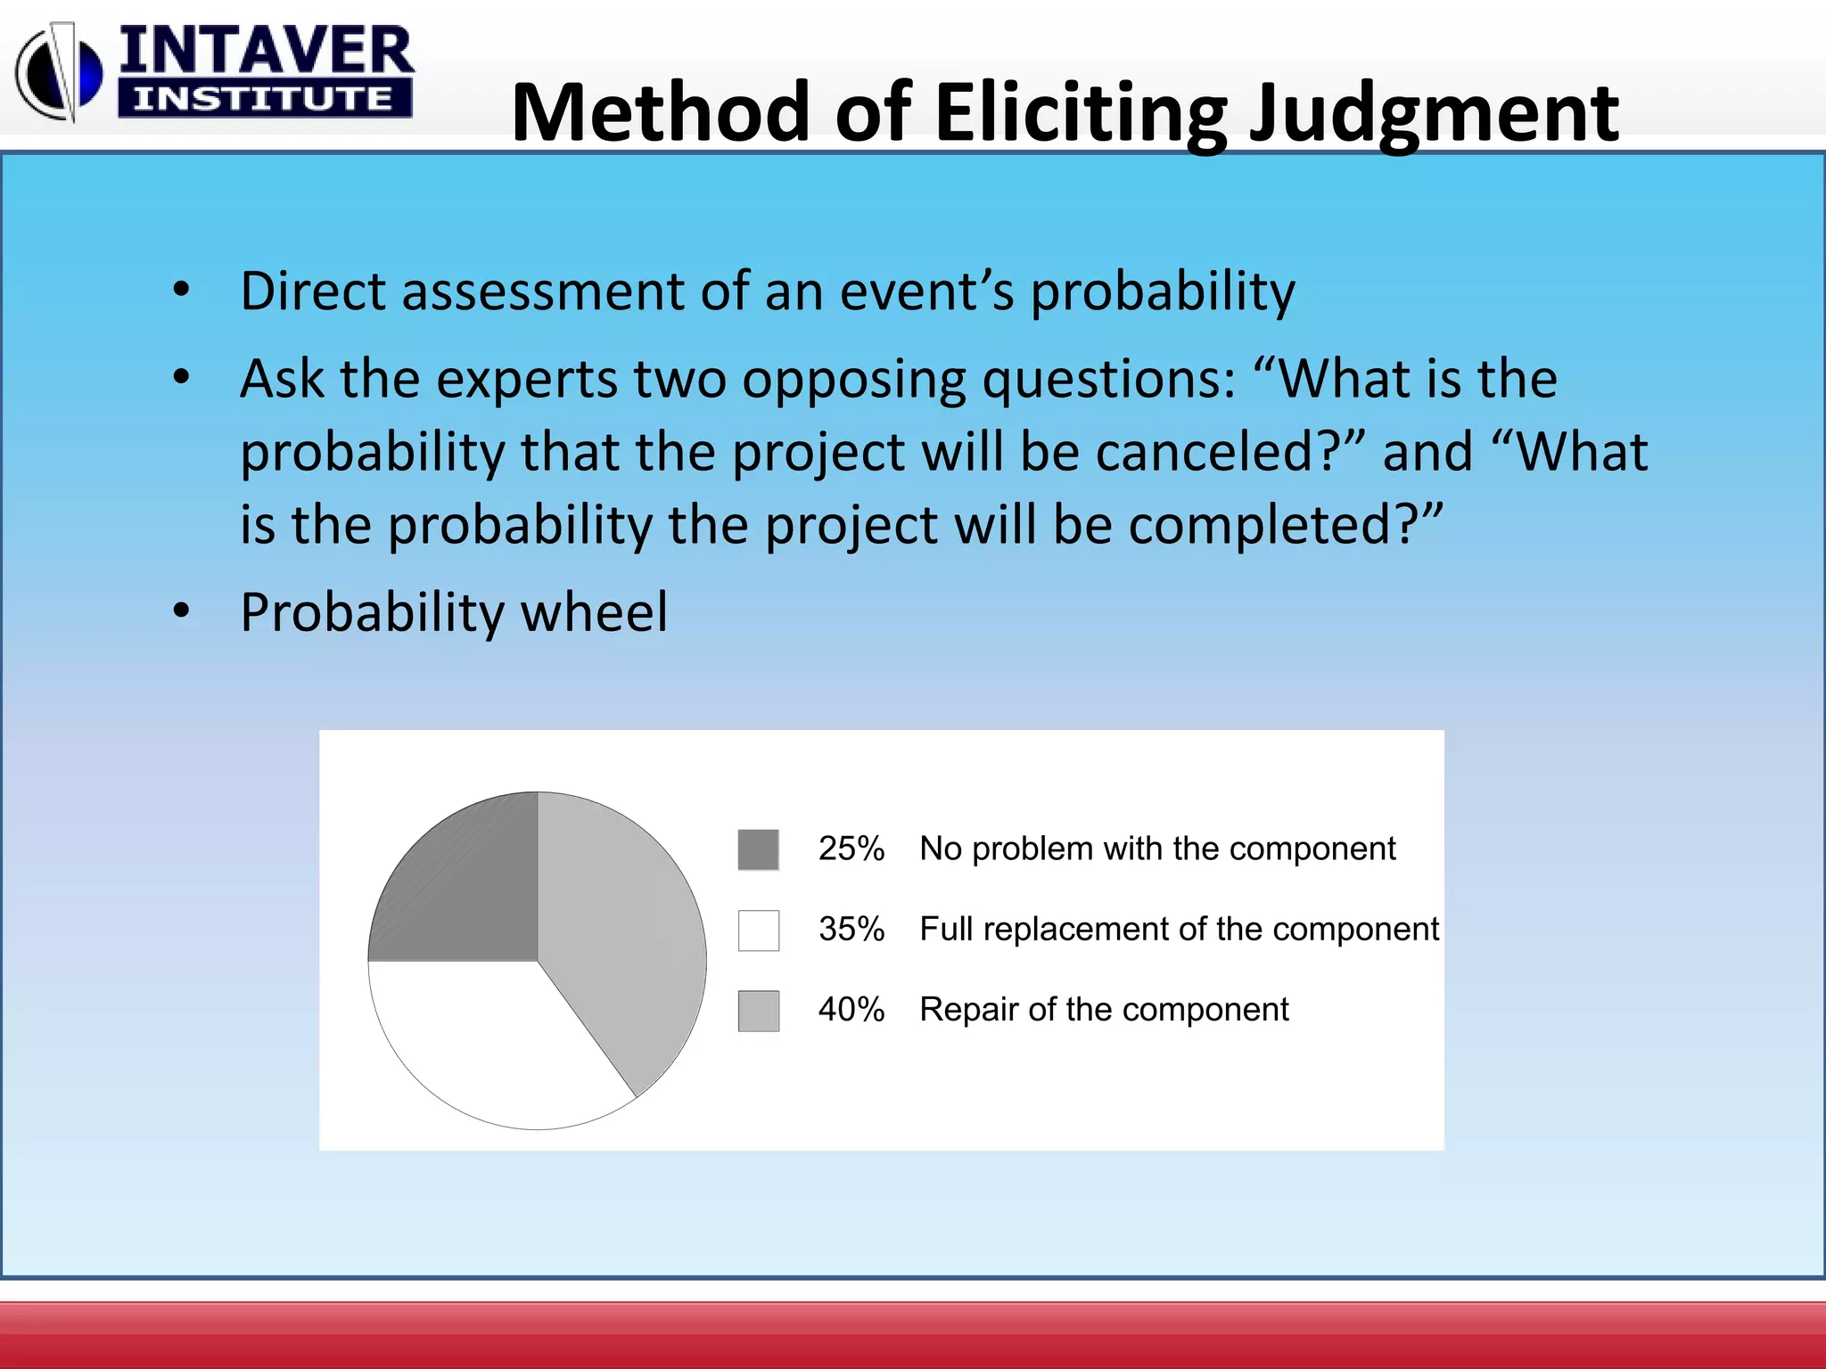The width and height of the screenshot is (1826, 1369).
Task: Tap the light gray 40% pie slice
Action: click(x=615, y=927)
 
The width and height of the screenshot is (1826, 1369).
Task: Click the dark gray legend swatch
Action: click(x=758, y=849)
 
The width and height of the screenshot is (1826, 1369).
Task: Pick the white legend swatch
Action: click(x=758, y=930)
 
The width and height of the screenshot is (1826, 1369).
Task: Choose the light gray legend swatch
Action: click(x=758, y=1011)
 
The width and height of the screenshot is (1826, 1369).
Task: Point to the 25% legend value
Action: click(x=851, y=848)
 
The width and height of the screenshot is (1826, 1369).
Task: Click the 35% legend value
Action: click(x=851, y=929)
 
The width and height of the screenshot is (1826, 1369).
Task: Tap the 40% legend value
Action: click(x=851, y=1009)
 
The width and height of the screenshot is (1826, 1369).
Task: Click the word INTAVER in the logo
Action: click(x=266, y=51)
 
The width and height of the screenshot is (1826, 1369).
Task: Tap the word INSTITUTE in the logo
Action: click(x=263, y=98)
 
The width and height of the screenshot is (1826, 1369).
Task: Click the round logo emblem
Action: click(x=60, y=73)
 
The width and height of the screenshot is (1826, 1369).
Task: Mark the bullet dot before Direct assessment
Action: click(x=182, y=290)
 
